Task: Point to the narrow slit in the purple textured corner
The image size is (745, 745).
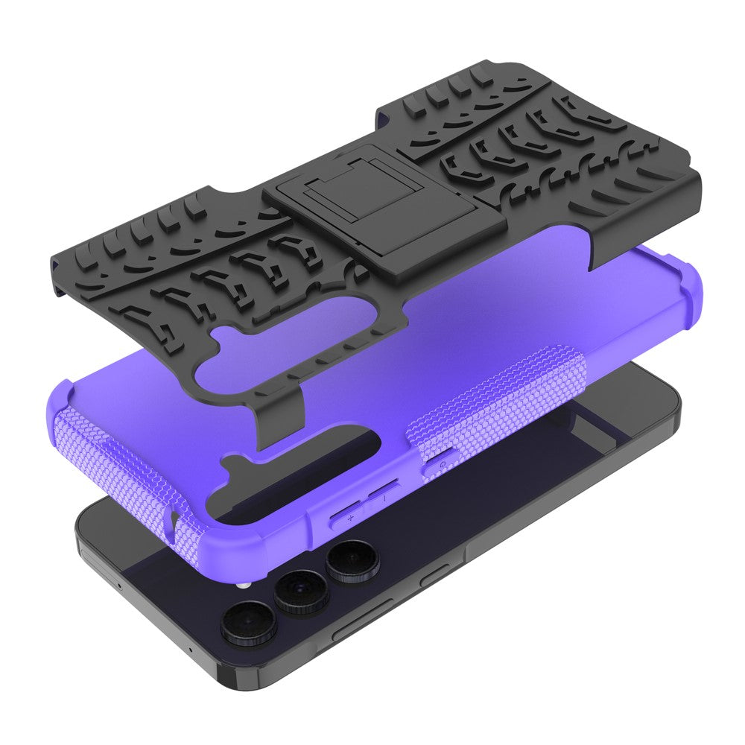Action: pyautogui.click(x=174, y=521)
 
